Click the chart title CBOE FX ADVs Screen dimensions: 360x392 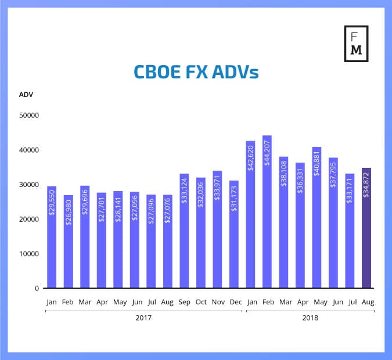(x=196, y=72)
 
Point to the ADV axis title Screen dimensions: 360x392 (x=26, y=95)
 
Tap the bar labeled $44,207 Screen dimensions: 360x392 (x=267, y=211)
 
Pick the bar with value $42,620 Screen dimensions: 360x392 (x=250, y=214)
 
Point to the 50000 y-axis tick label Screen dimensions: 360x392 (x=28, y=116)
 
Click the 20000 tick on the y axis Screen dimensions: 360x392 (x=28, y=219)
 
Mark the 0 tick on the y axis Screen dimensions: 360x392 (x=36, y=289)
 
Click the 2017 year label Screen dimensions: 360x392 (x=143, y=318)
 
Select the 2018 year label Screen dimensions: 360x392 (x=310, y=318)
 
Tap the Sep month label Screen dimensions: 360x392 (x=184, y=301)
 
